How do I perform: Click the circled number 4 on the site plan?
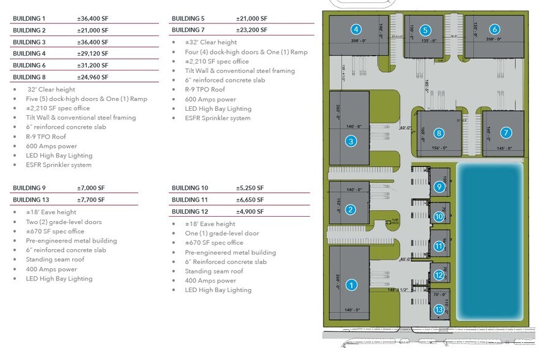[356, 29]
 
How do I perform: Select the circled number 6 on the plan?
[494, 29]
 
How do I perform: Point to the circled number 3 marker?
[350, 141]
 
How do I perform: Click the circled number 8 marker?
[439, 133]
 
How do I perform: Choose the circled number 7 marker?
[505, 133]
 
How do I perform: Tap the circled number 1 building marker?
[351, 284]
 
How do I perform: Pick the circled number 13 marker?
[439, 310]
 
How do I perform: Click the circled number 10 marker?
[439, 216]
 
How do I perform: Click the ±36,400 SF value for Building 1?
[92, 18]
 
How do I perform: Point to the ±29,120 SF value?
[92, 54]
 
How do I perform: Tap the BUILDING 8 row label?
[29, 77]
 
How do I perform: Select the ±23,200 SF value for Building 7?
[251, 30]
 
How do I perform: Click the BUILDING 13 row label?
[31, 200]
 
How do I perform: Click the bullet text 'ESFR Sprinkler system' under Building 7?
[218, 118]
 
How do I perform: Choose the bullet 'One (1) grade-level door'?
[222, 234]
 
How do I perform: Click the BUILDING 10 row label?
[190, 188]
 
